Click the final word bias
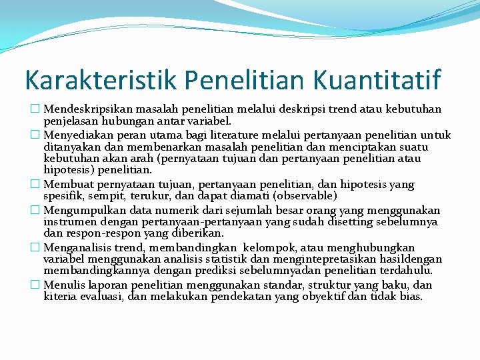[x=411, y=296]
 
